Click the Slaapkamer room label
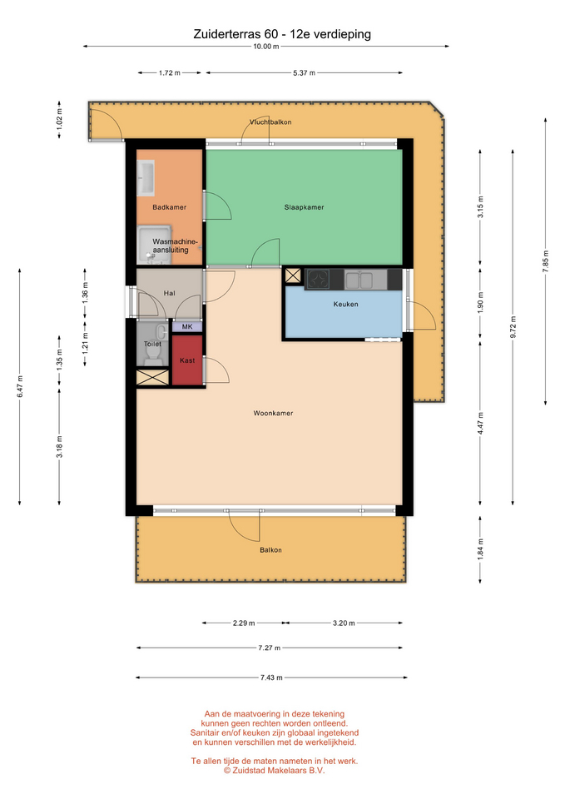tap(305, 207)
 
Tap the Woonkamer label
tap(273, 414)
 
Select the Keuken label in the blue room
tap(346, 305)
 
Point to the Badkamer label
tap(170, 207)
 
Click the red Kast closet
tap(187, 360)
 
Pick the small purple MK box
tap(187, 326)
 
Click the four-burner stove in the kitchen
tap(318, 280)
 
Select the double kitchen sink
tap(359, 280)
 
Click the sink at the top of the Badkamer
tap(146, 178)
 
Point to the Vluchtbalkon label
tap(270, 122)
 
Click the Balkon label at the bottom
tap(270, 550)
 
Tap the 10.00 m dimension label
tap(266, 47)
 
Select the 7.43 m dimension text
tap(271, 677)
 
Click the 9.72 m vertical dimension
tap(513, 328)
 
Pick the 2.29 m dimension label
tap(244, 623)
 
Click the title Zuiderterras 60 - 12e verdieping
tap(282, 34)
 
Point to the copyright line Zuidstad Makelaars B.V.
tap(274, 771)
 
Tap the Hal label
tap(170, 294)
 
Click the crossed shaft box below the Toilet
tap(152, 378)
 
